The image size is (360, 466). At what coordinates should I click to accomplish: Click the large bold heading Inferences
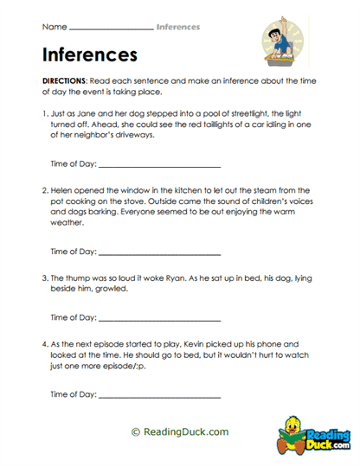[x=89, y=54]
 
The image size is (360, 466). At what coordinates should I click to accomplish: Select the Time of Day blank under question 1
[x=160, y=164]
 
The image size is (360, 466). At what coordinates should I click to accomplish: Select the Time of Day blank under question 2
[x=160, y=253]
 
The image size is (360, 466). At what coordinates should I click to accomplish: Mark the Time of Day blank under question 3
[x=160, y=317]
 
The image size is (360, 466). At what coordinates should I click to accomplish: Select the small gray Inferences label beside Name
[x=179, y=28]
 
